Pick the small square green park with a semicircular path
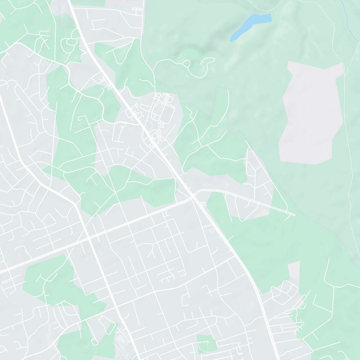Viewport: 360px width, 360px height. [206, 343]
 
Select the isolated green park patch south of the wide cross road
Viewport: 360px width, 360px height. [49, 279]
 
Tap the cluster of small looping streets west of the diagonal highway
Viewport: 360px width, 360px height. [70, 43]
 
